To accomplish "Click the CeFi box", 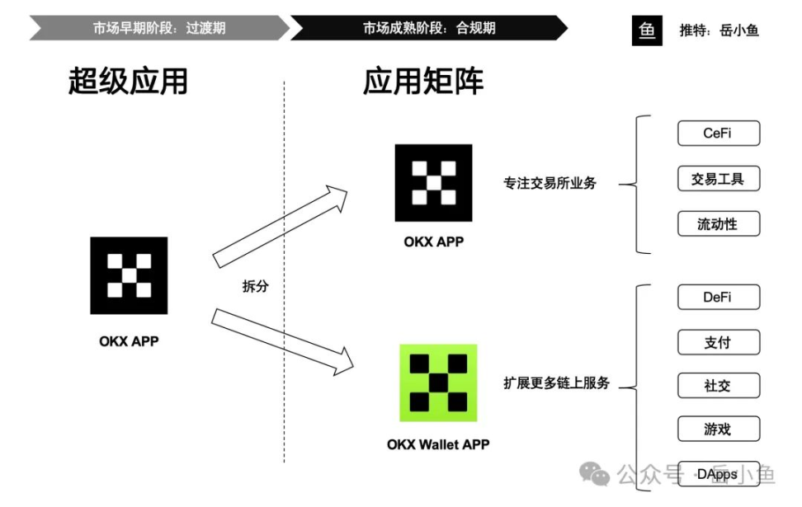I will click(718, 134).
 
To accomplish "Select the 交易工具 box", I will click(718, 179).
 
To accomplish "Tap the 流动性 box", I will click(718, 223).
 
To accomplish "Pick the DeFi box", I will click(718, 298).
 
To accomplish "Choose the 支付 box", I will click(718, 342).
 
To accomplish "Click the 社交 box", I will click(718, 385).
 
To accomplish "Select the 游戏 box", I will click(718, 430).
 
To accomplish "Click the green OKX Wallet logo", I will click(438, 383).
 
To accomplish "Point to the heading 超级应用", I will click(128, 82).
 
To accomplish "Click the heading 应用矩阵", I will click(423, 82).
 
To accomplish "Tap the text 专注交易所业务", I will click(550, 183).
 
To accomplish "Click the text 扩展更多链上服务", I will click(556, 383).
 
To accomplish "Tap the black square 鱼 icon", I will click(647, 30).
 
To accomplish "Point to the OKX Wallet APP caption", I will click(438, 444).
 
